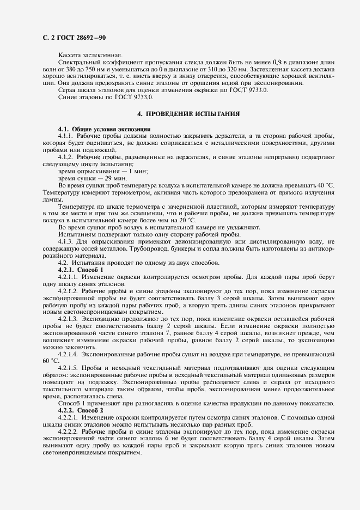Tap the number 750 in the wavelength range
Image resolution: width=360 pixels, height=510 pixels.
pyautogui.click(x=103, y=70)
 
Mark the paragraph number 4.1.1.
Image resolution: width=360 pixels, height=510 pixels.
pyautogui.click(x=65, y=135)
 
